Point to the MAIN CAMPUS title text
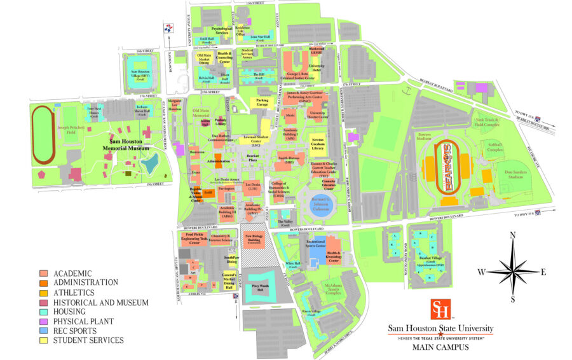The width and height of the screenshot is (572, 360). click(440, 348)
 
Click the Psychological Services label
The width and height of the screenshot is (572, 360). click(222, 30)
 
